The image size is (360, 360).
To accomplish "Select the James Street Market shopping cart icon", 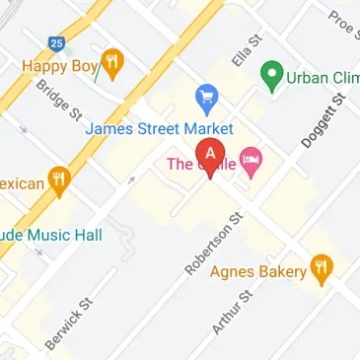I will (x=206, y=97).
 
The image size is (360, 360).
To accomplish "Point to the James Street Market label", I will (x=159, y=129).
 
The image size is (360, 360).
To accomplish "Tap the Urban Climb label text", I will (x=322, y=76).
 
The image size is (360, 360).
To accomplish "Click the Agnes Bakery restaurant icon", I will (x=321, y=265).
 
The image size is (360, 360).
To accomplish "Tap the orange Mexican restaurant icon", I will (x=61, y=181).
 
